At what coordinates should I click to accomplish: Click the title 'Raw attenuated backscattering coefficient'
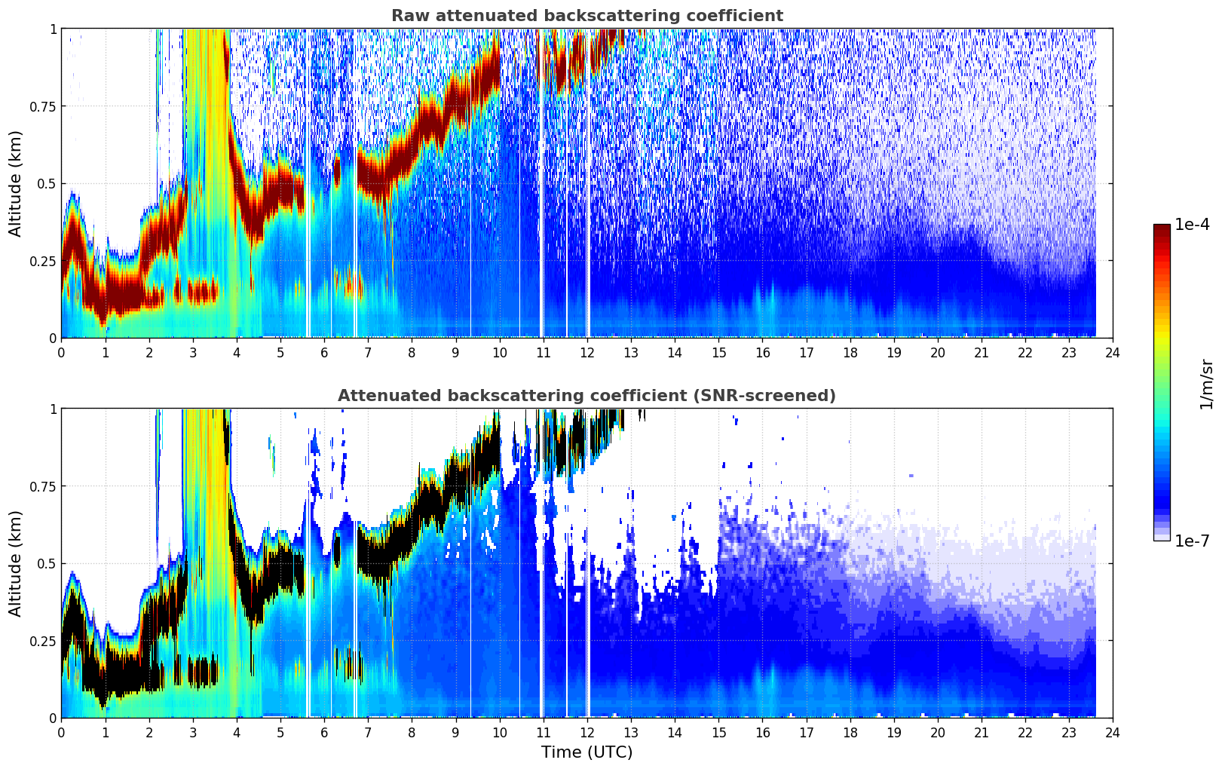[586, 16]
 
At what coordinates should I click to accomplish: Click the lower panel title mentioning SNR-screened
[586, 396]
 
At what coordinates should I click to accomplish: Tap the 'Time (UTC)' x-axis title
[586, 752]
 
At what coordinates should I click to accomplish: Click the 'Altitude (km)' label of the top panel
[16, 183]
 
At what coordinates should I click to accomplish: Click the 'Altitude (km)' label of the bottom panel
[16, 563]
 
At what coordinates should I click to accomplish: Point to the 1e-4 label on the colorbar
[1192, 225]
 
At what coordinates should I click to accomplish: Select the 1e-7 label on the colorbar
[1192, 541]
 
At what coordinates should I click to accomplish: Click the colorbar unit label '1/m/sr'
[1206, 384]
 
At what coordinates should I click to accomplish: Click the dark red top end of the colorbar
[1162, 228]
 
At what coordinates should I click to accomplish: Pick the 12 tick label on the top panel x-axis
[587, 352]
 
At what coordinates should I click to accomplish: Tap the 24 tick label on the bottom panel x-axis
[1113, 732]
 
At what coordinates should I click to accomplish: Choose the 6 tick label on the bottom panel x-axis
[324, 732]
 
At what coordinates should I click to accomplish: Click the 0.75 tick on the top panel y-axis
[43, 106]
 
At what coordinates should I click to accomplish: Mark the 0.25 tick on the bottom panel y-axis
[43, 641]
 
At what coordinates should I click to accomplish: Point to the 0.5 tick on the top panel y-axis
[47, 183]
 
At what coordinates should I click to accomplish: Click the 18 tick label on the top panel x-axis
[850, 352]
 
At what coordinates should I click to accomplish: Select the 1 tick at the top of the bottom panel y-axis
[53, 409]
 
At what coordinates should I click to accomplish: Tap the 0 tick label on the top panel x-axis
[62, 352]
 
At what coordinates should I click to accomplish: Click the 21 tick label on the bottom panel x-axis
[982, 732]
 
